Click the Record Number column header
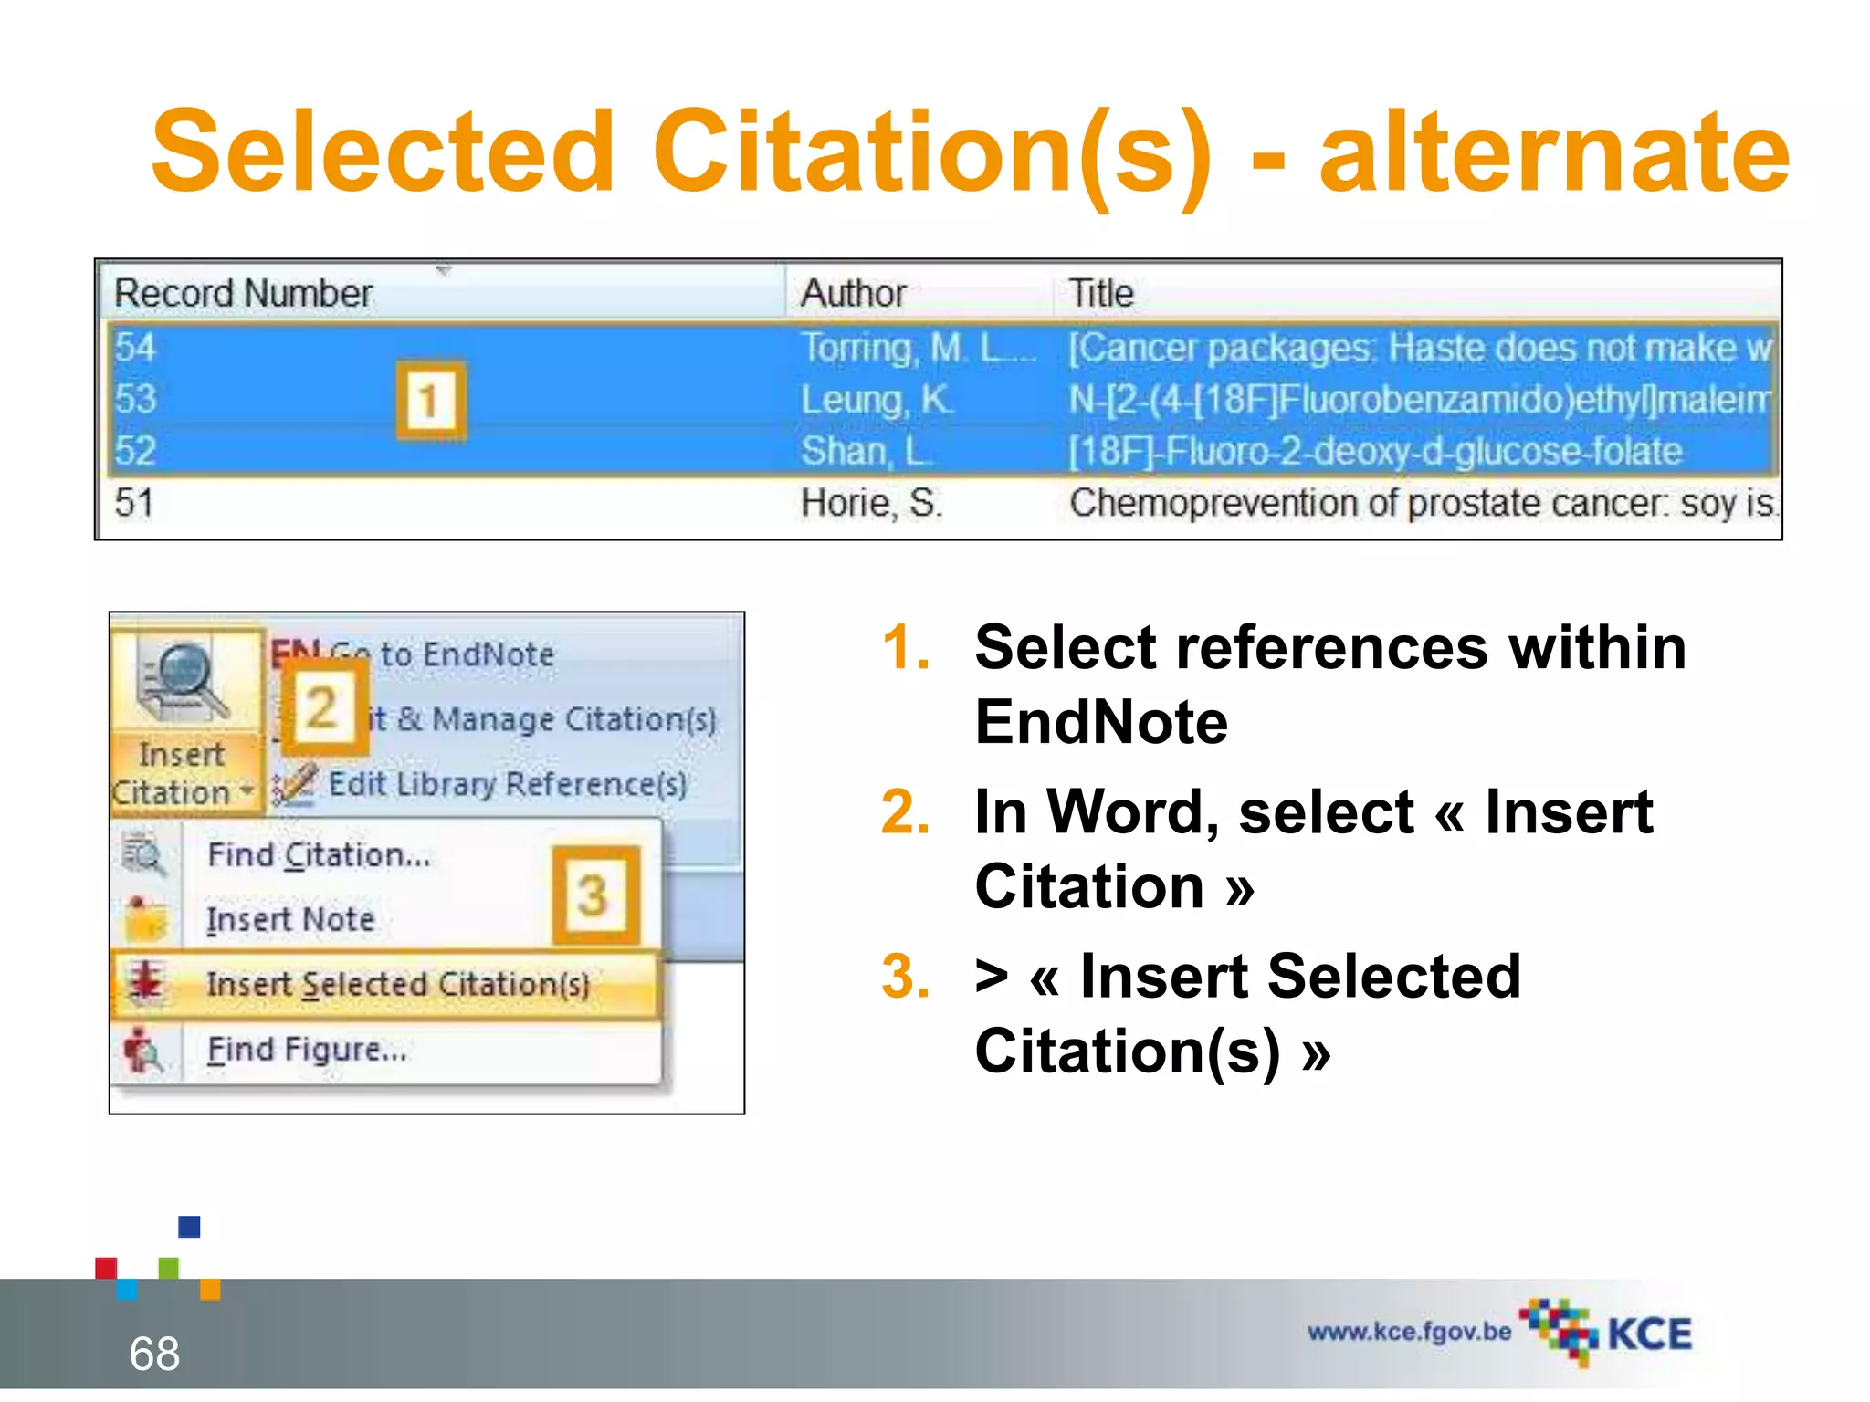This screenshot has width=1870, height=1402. coord(244,294)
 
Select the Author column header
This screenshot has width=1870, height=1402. coord(853,294)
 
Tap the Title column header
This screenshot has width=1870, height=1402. coord(1101,294)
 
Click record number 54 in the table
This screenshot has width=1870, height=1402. coord(135,348)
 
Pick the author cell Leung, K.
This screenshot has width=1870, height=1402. coord(877,400)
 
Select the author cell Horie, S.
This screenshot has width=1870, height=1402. coord(871,503)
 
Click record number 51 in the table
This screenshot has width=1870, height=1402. coord(133,503)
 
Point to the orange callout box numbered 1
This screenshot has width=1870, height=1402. coord(430,401)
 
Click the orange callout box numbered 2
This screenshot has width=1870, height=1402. coord(322,708)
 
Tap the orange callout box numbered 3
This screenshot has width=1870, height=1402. coord(594,895)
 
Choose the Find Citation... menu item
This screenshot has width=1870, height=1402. coord(318,855)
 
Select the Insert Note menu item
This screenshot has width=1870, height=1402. coord(290,919)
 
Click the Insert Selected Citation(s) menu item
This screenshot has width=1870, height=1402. coord(397,984)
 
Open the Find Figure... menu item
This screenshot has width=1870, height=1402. coord(307,1050)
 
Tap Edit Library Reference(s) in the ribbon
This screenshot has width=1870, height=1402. coord(506,784)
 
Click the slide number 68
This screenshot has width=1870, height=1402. coord(154,1353)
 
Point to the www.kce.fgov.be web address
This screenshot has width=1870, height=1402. coord(1409,1332)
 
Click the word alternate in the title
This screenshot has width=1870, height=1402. coord(1554,152)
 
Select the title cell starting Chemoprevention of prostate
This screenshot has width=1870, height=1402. coord(1421,503)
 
